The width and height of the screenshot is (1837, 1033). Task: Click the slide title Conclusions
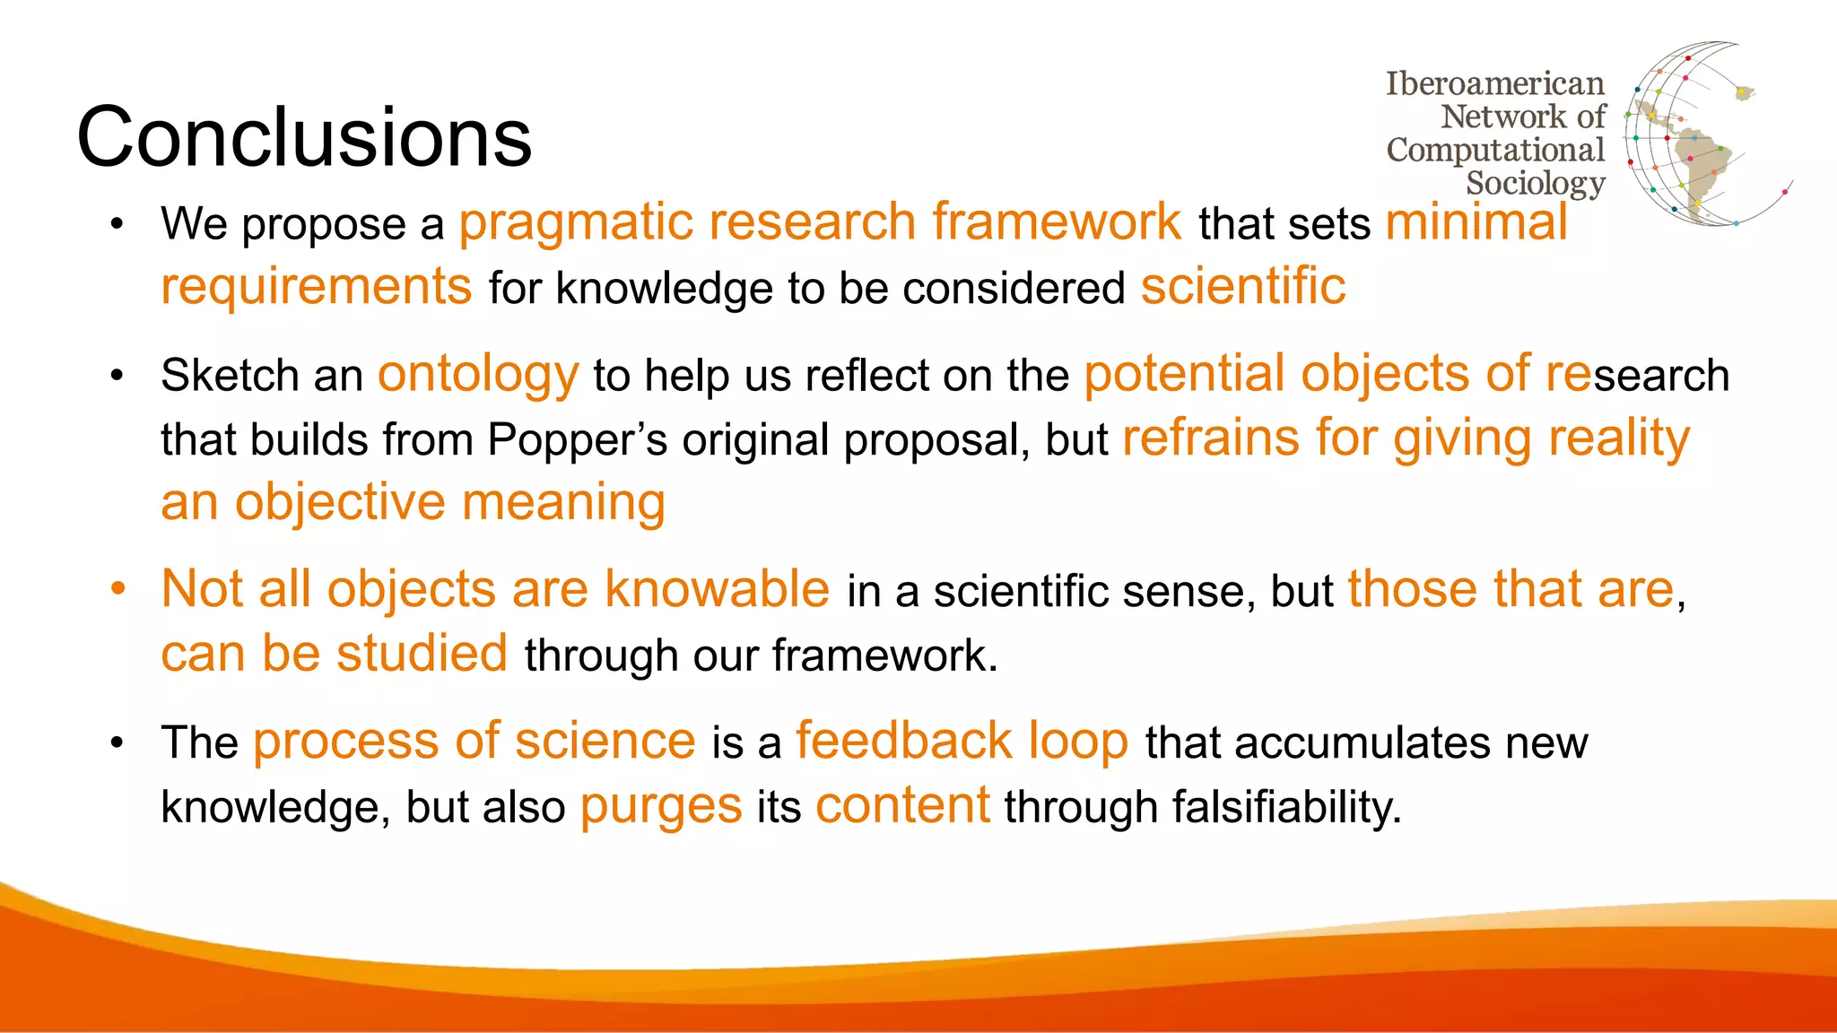pos(304,136)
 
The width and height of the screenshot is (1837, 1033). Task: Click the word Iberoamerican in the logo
pos(1494,83)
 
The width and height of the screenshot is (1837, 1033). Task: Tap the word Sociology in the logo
pos(1535,183)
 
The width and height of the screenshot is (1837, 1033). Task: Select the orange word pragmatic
pos(574,222)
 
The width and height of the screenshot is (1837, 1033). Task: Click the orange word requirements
pos(316,287)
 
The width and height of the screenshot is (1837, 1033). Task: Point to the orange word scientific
pos(1242,287)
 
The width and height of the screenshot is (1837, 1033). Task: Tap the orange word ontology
pos(478,375)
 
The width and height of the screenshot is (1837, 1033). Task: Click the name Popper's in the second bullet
pos(577,439)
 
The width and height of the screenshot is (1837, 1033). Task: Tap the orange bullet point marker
pos(118,590)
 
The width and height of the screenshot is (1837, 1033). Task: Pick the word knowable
pos(717,590)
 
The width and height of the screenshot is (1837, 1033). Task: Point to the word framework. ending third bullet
pos(884,655)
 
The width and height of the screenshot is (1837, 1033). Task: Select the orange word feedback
pos(903,742)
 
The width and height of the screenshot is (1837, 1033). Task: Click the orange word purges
pos(660,807)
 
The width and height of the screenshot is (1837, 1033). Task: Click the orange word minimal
pos(1476,222)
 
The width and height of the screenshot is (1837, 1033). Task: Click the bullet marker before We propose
pos(117,224)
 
